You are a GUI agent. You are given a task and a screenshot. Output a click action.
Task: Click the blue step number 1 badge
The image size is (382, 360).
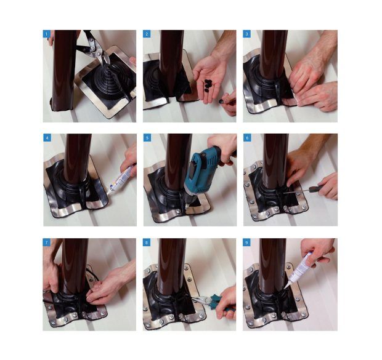(47, 34)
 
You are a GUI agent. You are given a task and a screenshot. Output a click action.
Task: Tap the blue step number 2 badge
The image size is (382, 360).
(147, 34)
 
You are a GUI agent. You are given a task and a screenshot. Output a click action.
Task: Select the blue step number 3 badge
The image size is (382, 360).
(246, 34)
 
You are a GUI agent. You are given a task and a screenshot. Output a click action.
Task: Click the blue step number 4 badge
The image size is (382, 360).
(47, 138)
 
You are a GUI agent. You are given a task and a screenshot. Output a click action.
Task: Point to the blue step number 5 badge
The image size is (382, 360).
(147, 138)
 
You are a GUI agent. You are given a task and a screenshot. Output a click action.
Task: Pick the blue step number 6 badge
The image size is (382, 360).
(247, 138)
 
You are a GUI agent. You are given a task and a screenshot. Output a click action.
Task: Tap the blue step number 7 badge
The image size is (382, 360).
(46, 242)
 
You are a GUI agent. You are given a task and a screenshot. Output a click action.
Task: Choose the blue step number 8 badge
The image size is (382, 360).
(146, 242)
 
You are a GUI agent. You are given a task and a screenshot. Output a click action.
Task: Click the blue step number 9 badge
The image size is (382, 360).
(246, 242)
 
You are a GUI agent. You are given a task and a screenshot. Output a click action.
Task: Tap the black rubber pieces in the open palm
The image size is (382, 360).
(208, 85)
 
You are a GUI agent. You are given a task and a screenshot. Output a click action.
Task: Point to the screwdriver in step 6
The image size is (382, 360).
(305, 190)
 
